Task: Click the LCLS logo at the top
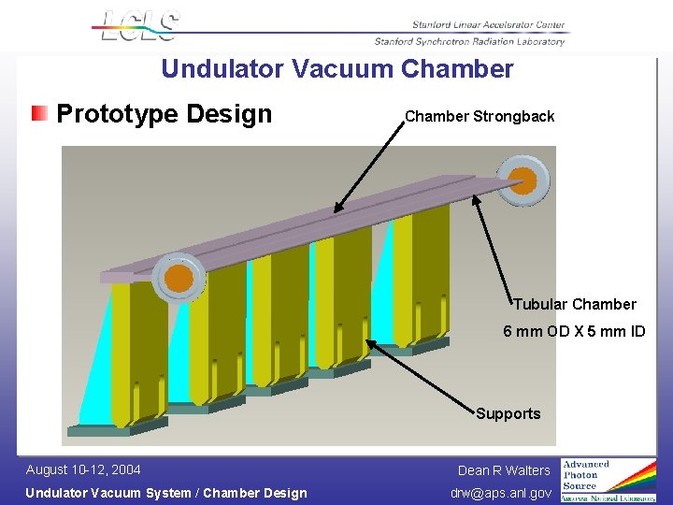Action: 138,26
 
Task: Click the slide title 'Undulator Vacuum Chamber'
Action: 336,69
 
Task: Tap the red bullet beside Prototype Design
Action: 39,114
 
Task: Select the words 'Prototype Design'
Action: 165,114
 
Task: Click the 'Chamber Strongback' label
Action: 480,117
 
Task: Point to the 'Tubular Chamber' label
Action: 574,304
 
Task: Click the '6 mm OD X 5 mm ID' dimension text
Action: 574,331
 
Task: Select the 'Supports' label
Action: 508,413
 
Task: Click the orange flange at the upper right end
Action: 523,180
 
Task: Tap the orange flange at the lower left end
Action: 178,279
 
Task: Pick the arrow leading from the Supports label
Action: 421,374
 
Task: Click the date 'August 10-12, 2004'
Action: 83,469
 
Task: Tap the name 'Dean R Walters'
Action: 504,470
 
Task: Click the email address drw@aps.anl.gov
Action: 500,493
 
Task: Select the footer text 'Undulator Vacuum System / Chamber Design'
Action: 165,493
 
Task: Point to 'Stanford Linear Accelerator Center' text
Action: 488,25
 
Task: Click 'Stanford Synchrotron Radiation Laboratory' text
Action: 469,41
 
